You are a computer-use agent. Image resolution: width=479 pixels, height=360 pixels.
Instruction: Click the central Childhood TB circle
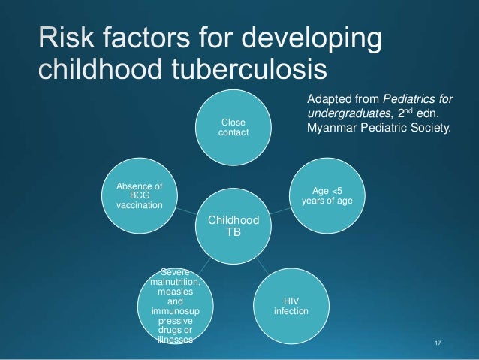[x=232, y=223]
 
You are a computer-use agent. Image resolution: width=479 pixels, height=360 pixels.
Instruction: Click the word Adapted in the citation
[x=331, y=98]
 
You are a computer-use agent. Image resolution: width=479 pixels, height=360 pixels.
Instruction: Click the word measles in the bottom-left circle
[x=175, y=291]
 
